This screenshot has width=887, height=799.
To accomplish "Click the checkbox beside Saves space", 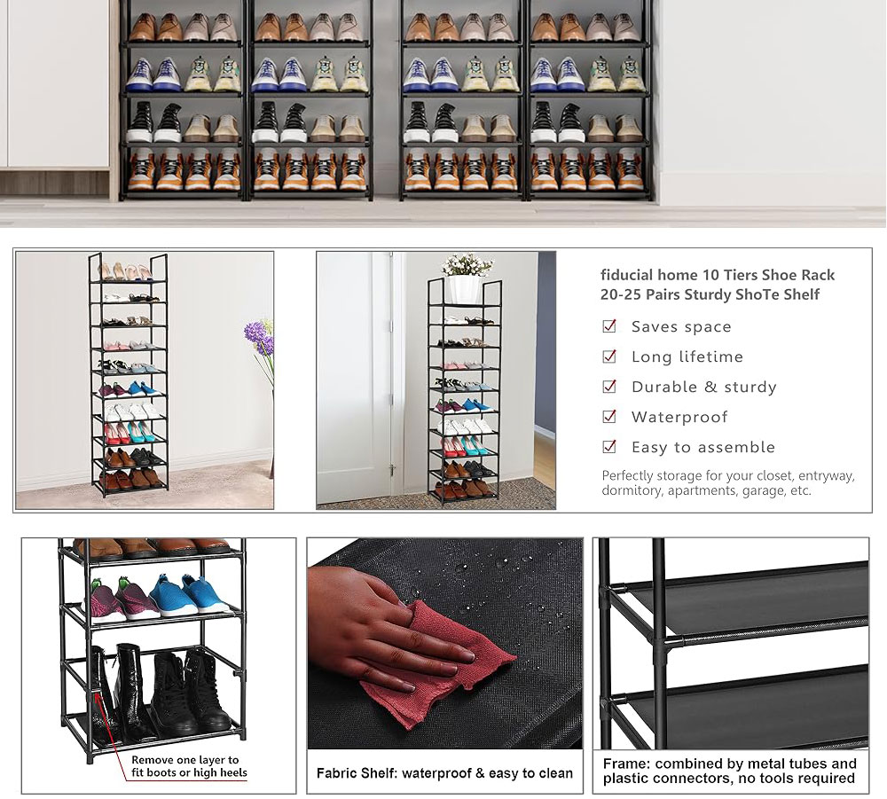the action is click(x=609, y=326).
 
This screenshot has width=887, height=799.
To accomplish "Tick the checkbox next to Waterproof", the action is click(x=609, y=417).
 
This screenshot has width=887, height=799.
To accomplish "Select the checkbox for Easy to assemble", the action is click(x=609, y=447).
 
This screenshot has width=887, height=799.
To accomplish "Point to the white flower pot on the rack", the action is click(x=464, y=289).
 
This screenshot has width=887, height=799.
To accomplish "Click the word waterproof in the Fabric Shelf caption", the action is click(x=441, y=773).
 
